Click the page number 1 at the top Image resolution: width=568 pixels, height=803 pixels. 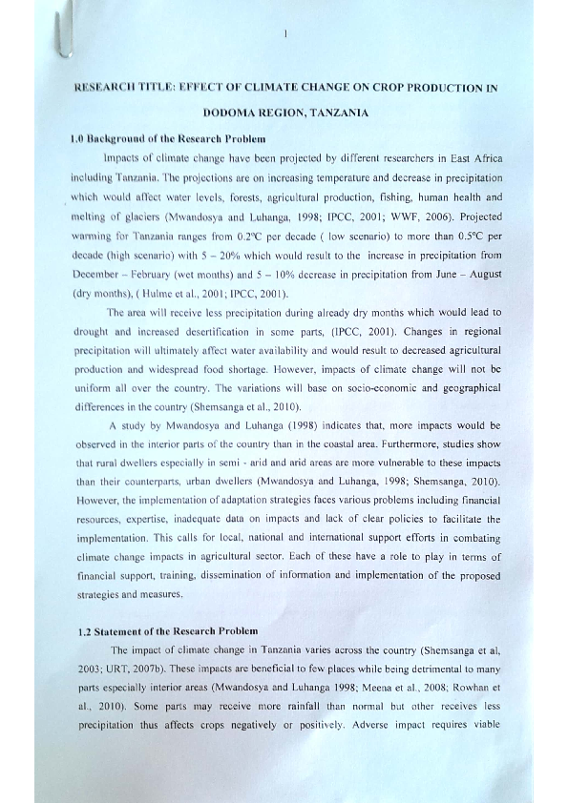click(x=285, y=35)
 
